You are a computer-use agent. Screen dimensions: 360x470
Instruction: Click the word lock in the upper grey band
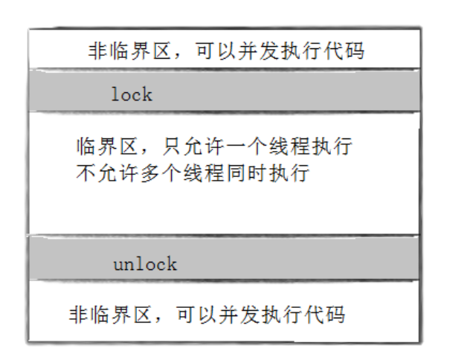131,94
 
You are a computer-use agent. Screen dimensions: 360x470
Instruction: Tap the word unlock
145,263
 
